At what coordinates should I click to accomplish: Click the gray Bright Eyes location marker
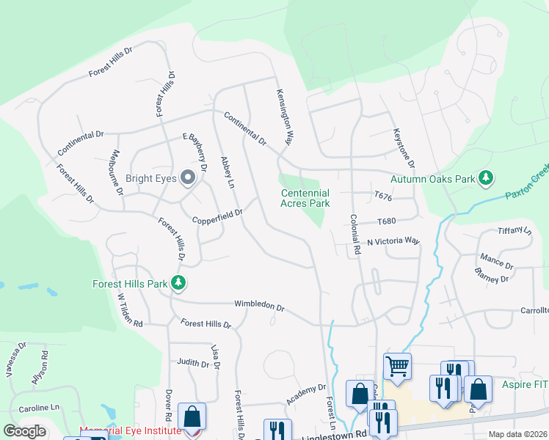[188, 177]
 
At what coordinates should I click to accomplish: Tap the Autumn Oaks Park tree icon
[485, 178]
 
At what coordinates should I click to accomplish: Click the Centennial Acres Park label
[305, 198]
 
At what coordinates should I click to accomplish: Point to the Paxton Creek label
[526, 184]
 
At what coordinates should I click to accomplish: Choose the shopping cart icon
[397, 365]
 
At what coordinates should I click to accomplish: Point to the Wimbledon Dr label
[258, 304]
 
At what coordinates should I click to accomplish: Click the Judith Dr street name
[193, 362]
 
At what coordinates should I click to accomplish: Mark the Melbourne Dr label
[116, 172]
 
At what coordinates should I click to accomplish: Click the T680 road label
[386, 221]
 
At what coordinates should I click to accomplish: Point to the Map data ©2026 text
[517, 434]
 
